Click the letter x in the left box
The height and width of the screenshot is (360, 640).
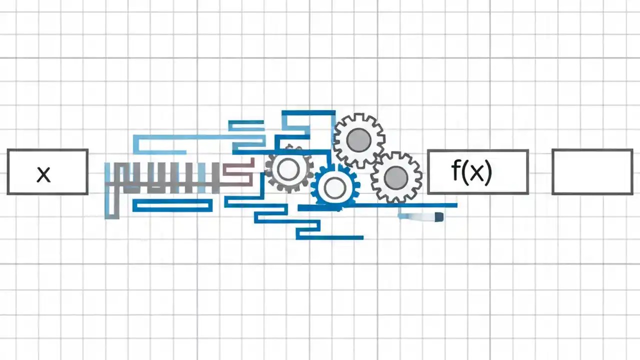tap(43, 174)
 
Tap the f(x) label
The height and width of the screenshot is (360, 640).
tap(471, 171)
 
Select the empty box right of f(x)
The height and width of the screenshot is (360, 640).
tap(592, 172)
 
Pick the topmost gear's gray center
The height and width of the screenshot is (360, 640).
tap(359, 140)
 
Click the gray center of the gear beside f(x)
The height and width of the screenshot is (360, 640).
tap(396, 176)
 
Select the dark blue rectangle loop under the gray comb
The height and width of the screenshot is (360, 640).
tap(172, 205)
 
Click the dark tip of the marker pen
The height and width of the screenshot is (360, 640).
tap(438, 217)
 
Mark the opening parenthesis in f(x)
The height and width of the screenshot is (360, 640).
tap(464, 171)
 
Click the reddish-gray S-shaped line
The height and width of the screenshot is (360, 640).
tap(239, 171)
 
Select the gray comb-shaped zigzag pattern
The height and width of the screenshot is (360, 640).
tap(165, 177)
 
